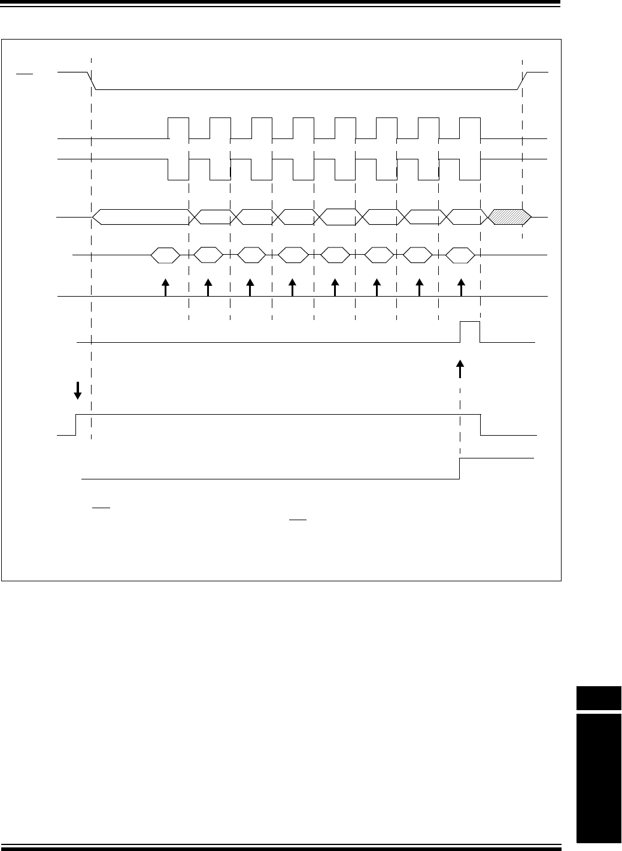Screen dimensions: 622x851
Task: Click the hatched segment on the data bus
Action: tap(509, 217)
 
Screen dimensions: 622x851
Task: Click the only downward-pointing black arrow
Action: tap(77, 391)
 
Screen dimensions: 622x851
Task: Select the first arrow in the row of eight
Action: tap(166, 287)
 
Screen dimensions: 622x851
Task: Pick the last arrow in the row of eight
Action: tap(461, 287)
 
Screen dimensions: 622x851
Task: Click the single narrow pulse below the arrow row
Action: tap(470, 331)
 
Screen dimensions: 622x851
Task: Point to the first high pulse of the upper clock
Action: tap(179, 128)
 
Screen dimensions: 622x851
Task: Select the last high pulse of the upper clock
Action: tap(470, 128)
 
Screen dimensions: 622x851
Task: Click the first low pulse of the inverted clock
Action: tap(179, 170)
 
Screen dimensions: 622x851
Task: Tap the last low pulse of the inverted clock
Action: tap(470, 170)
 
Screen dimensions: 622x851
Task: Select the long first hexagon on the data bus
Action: tap(141, 217)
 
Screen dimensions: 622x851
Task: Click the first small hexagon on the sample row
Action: tap(165, 255)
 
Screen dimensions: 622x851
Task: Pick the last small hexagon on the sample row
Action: tap(461, 255)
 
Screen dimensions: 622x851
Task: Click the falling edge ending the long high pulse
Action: tap(481, 424)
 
